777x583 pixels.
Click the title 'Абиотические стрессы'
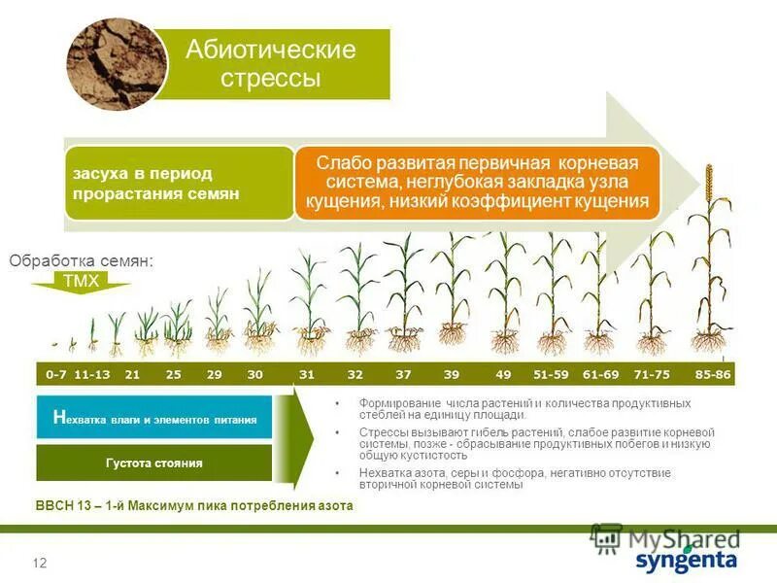[x=271, y=63]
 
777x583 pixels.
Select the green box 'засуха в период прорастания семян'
[x=179, y=183]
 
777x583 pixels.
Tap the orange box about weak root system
[x=477, y=182]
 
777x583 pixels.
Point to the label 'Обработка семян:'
[x=82, y=260]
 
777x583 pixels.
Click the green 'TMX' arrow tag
[x=81, y=281]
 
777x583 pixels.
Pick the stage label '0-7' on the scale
[x=56, y=374]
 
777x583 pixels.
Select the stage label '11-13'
[x=92, y=374]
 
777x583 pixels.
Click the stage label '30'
[x=254, y=374]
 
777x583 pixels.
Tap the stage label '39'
[x=452, y=374]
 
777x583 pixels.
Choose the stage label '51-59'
[x=551, y=374]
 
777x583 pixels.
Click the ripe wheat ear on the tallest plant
[x=709, y=185]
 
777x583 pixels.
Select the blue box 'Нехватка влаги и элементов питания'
[x=154, y=419]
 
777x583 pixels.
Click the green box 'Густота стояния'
[x=154, y=463]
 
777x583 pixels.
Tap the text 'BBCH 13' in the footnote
[x=60, y=506]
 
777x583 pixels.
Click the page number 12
[x=40, y=564]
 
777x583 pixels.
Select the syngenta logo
[x=686, y=561]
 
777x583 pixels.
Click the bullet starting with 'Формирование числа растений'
[x=524, y=408]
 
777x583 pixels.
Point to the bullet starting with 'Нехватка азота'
[x=524, y=478]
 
